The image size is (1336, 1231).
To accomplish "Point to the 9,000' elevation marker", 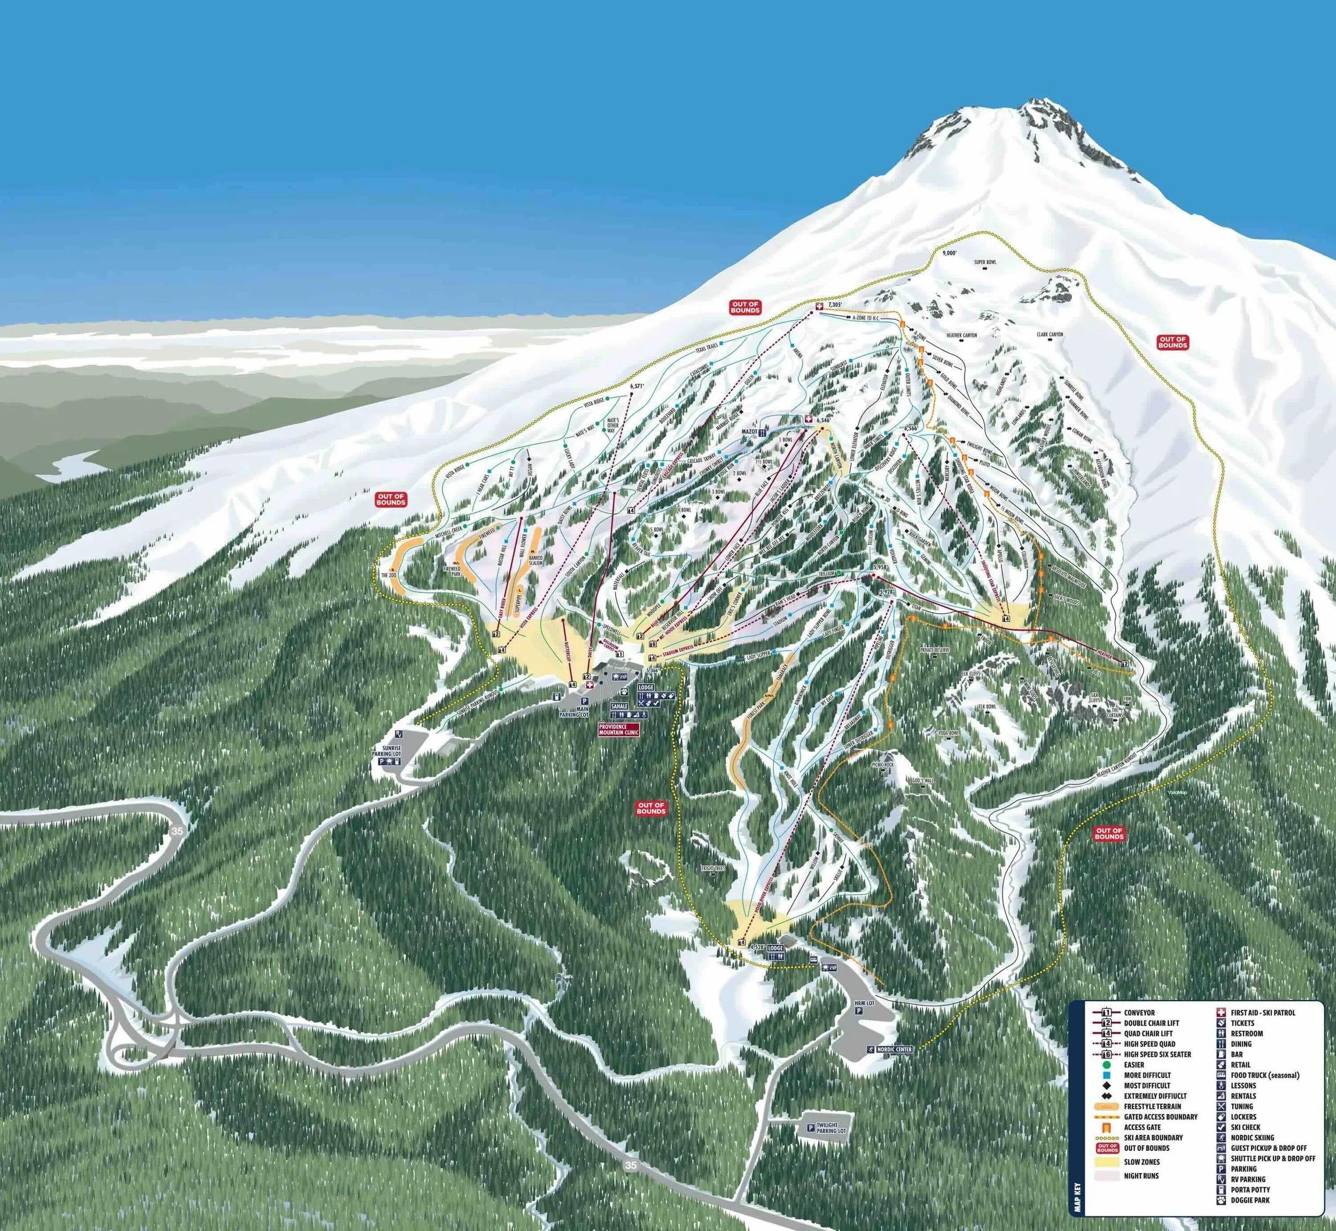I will click(x=950, y=253).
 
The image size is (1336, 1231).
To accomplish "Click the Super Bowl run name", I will click(x=984, y=262).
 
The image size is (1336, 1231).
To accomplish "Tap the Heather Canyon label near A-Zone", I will click(x=961, y=335).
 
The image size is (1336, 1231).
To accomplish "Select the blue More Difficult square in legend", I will click(x=1089, y=1075).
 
